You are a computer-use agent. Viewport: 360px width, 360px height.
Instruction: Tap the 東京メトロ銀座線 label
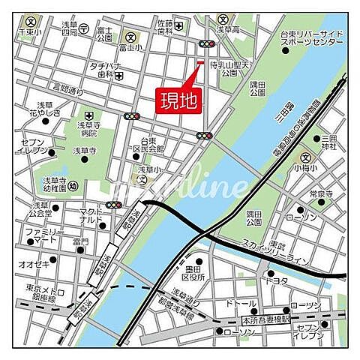34,294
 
